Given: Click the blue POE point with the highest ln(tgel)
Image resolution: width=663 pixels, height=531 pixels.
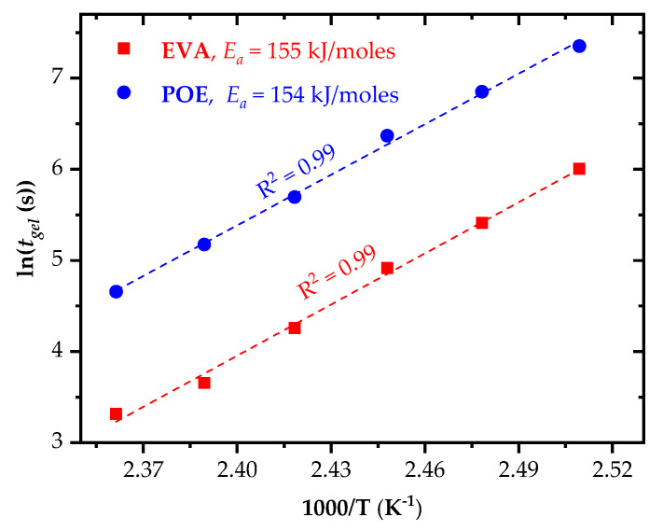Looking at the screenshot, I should point(579,46).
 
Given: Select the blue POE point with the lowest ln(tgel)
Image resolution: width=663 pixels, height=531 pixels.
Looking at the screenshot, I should point(116,291).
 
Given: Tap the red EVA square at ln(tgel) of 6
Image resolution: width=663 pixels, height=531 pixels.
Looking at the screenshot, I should point(579,169).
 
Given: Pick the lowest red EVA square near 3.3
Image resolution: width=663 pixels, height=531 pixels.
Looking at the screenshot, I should point(116,413).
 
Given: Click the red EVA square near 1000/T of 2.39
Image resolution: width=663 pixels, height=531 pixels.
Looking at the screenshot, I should point(204,383).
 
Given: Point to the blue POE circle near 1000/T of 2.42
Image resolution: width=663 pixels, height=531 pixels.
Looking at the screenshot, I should point(295,197).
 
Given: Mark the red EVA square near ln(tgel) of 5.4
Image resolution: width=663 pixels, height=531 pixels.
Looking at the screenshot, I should point(482,223).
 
